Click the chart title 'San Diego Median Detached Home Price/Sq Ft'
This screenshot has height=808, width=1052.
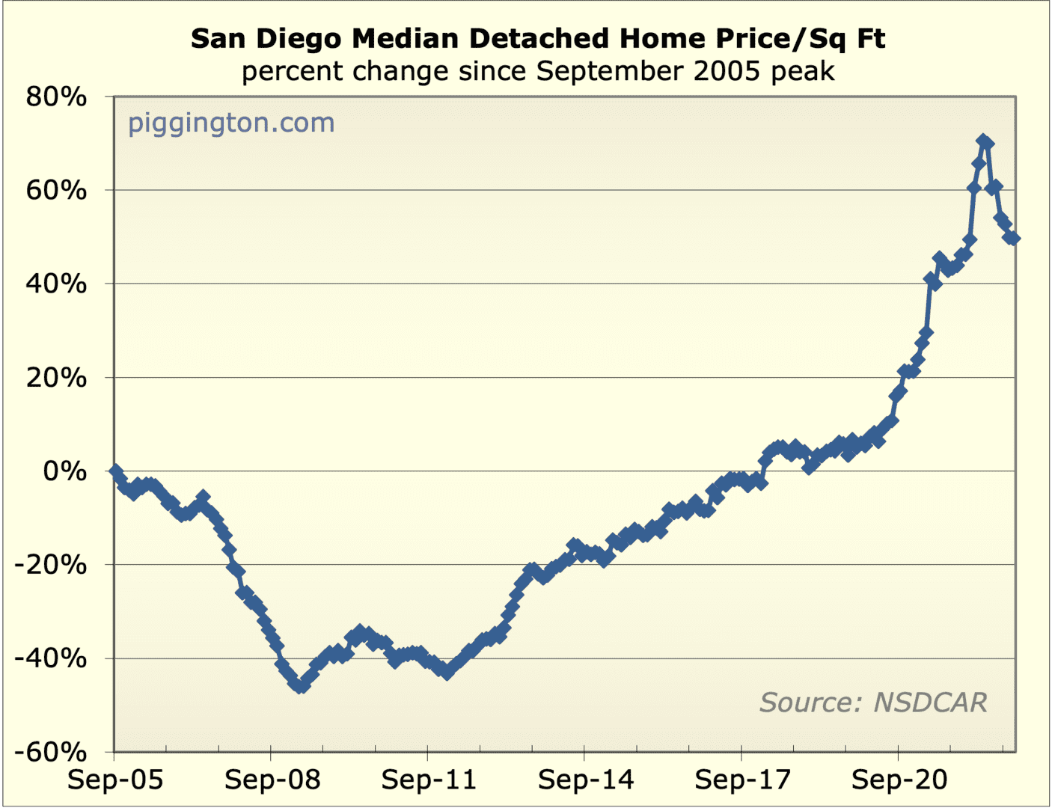point(537,38)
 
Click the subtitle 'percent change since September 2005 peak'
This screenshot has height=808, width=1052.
point(537,72)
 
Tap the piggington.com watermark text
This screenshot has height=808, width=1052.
point(231,123)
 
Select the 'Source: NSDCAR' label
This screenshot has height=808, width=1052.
point(873,703)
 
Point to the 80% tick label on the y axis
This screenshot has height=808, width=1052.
point(56,97)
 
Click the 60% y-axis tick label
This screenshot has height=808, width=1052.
point(56,190)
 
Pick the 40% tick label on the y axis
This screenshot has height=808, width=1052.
point(56,284)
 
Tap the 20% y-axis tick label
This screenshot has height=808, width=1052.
point(56,377)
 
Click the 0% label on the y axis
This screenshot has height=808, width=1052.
point(65,471)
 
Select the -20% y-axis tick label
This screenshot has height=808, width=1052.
point(51,565)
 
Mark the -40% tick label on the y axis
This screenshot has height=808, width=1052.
point(51,658)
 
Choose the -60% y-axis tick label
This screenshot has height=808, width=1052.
point(51,752)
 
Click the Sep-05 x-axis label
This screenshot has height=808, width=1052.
point(115,780)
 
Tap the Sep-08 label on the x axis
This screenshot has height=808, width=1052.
point(272,780)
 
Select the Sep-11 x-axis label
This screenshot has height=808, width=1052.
point(429,780)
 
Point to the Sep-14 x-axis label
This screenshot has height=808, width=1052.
point(586,780)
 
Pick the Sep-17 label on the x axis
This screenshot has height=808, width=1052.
point(742,780)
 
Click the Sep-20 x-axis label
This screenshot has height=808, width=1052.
point(899,780)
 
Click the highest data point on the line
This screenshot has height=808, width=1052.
point(983,141)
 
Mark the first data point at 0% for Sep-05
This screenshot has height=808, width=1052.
point(115,471)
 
